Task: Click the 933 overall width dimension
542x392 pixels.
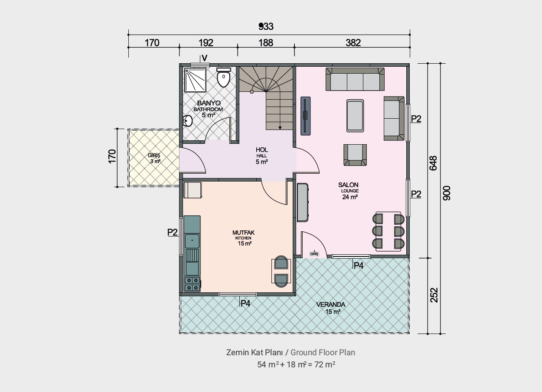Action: pos(266,26)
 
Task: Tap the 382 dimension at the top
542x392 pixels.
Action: pos(353,43)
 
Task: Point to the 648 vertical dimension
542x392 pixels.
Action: pos(433,163)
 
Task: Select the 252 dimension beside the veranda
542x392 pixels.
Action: pos(434,295)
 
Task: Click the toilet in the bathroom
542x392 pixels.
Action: pos(223,77)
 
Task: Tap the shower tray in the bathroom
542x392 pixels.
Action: pos(196,80)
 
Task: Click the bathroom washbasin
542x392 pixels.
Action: pos(187,121)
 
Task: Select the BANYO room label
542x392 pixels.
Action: pos(209,103)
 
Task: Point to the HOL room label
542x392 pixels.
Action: pos(262,150)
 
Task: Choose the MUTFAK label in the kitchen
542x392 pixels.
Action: pos(243,233)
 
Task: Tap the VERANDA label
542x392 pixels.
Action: pos(331,305)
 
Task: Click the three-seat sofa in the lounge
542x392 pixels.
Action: pos(355,79)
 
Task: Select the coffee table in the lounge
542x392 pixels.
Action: pos(355,116)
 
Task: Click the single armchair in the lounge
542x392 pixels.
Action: pos(355,155)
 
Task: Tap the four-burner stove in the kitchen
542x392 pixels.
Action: pos(192,284)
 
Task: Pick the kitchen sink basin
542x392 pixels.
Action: pos(192,241)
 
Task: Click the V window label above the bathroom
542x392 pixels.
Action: pos(205,58)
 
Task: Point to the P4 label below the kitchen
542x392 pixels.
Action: pos(245,303)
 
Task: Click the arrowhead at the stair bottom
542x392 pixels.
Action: pos(280,128)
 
